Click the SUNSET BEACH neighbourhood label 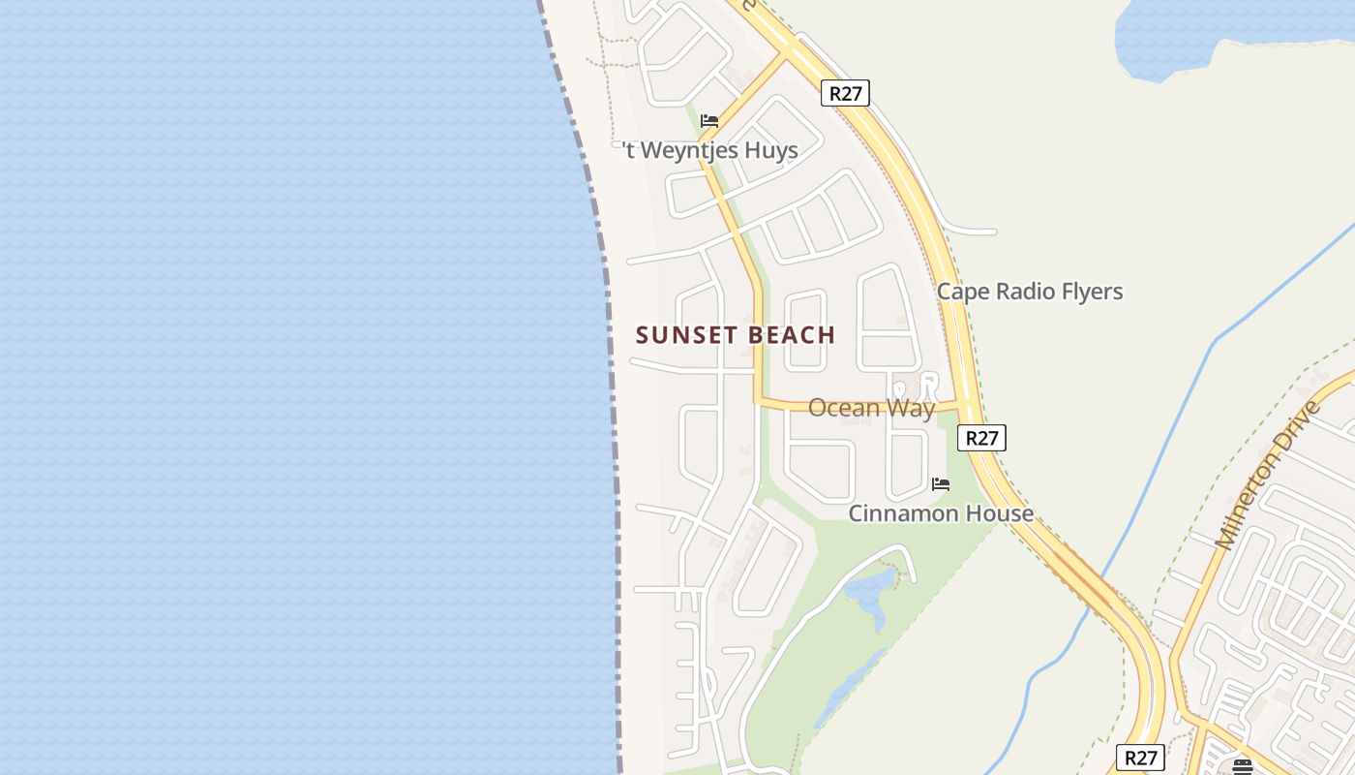tap(736, 335)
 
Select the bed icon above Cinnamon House tap(940, 483)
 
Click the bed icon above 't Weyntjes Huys tap(709, 120)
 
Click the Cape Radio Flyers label tap(1030, 292)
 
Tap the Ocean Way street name tap(871, 408)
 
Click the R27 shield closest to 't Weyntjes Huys tap(845, 93)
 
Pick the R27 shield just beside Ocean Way tap(981, 438)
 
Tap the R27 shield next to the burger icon tap(1140, 758)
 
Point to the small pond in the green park tap(868, 593)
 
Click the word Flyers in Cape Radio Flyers tap(1091, 292)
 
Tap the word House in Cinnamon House tap(997, 513)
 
